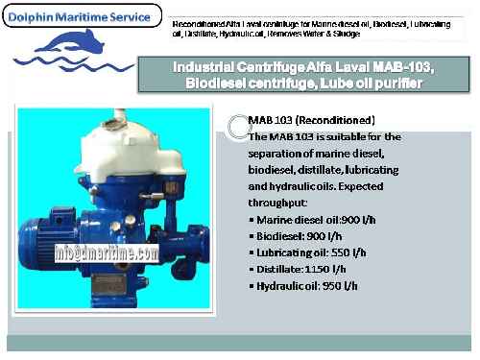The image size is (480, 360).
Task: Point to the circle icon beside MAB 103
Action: (x=233, y=122)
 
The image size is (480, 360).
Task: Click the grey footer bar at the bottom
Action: (x=240, y=343)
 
